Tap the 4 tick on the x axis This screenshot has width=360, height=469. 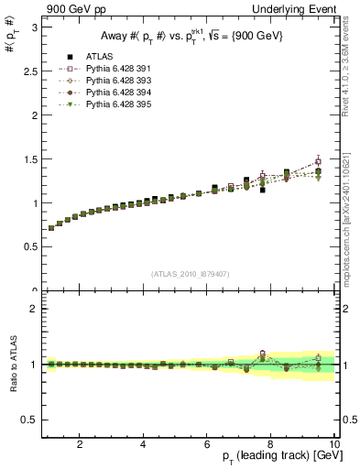[x=144, y=444]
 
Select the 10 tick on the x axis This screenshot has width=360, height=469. [x=334, y=444]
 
